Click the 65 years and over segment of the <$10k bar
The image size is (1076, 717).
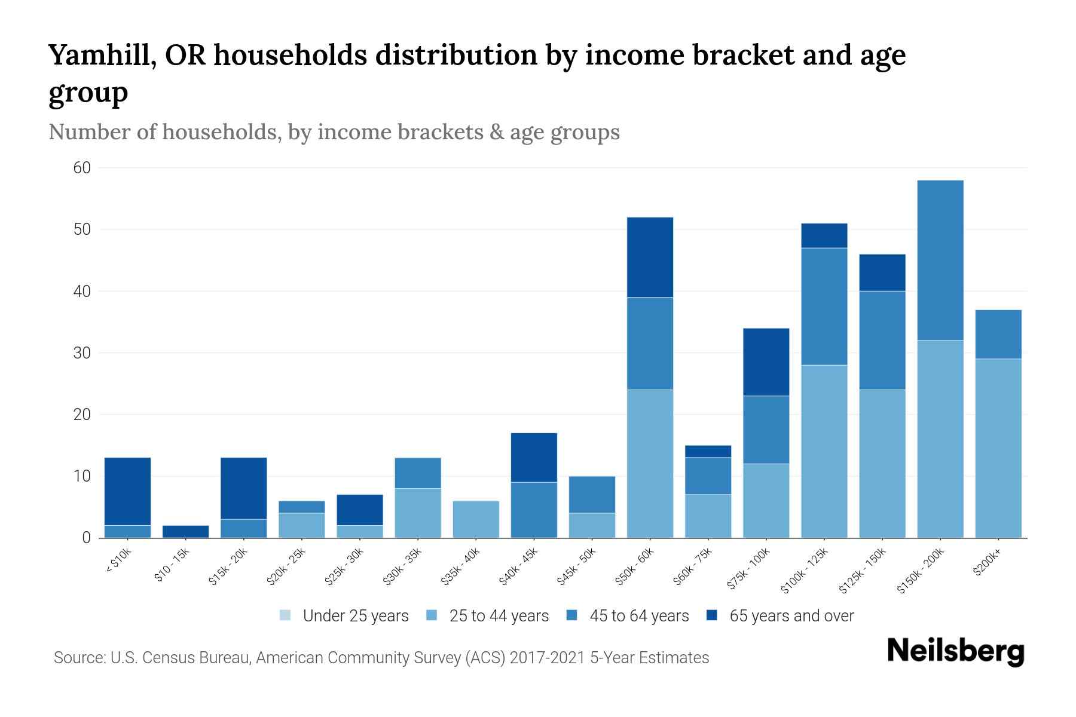[127, 491]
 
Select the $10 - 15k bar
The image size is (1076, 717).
[185, 531]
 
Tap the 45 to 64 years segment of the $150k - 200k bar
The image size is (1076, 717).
[940, 260]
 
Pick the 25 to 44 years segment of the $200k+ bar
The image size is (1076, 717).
[998, 448]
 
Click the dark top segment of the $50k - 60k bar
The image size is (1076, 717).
[650, 257]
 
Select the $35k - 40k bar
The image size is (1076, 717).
[476, 519]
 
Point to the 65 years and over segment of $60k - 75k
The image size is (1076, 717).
[708, 451]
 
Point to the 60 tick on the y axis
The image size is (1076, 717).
[82, 168]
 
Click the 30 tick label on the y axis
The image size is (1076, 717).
[82, 353]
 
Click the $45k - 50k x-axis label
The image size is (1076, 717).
[577, 566]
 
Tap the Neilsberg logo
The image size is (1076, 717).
[955, 652]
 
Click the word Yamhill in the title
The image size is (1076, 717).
[99, 56]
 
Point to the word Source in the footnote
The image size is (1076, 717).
[79, 658]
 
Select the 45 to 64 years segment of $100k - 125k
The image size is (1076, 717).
[824, 306]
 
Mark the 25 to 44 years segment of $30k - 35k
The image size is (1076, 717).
[418, 513]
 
